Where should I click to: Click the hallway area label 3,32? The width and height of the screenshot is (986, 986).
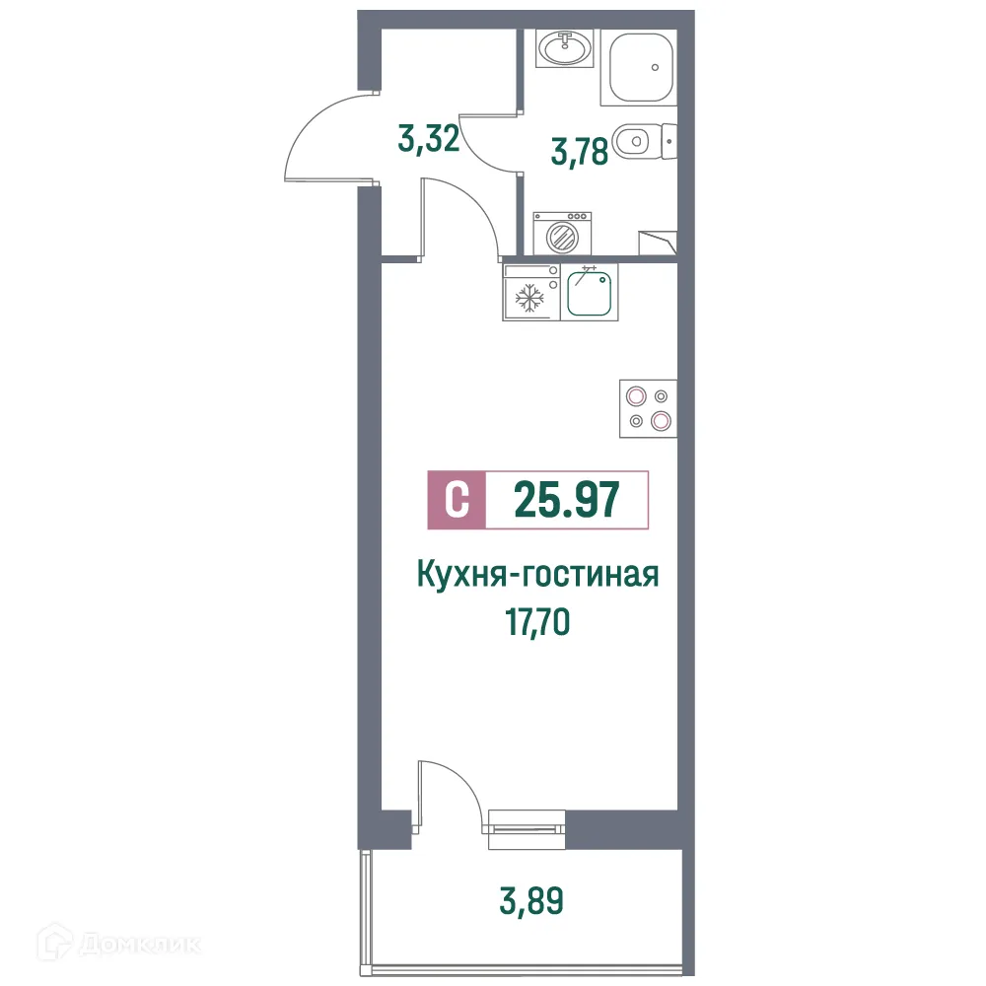[429, 140]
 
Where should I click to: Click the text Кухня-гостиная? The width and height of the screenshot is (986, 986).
[537, 574]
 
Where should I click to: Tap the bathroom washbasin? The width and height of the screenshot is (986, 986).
[564, 46]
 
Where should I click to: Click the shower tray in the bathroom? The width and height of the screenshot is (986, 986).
[640, 67]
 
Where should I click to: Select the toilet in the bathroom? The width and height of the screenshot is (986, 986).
[641, 141]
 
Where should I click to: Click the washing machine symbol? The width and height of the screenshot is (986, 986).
[562, 234]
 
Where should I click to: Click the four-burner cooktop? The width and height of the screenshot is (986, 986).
[647, 408]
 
